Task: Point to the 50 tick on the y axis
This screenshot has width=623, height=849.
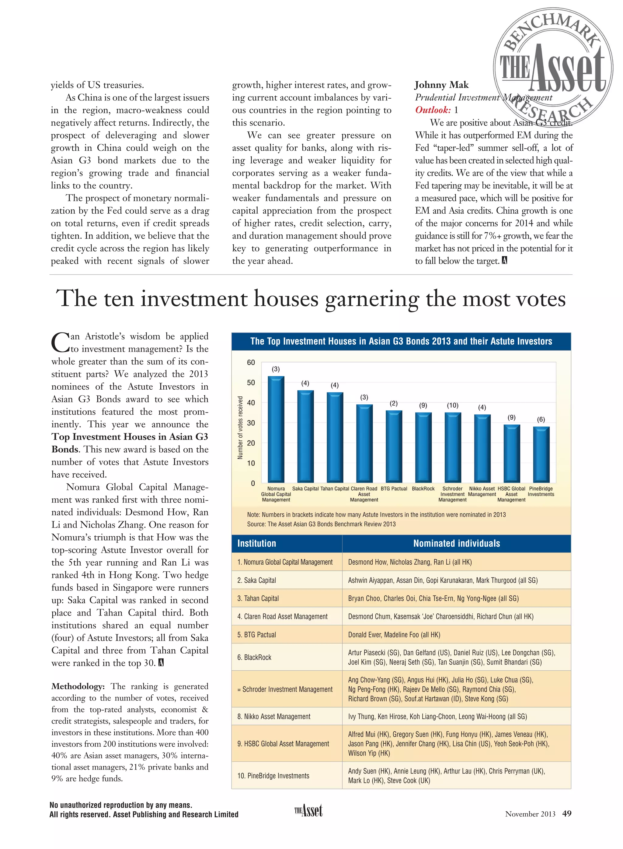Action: (x=251, y=383)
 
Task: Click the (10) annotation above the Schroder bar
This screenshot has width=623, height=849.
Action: (x=453, y=405)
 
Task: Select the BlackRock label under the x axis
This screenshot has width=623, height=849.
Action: (x=423, y=489)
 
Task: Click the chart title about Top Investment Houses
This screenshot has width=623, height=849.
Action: (x=401, y=342)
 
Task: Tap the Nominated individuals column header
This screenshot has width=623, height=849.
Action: (x=456, y=543)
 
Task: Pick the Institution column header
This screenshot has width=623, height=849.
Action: (x=257, y=543)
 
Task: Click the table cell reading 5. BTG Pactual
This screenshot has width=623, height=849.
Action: (x=257, y=635)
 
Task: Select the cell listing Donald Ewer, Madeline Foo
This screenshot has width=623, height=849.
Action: (x=394, y=635)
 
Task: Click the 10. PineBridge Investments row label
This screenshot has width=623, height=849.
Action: (x=273, y=776)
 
